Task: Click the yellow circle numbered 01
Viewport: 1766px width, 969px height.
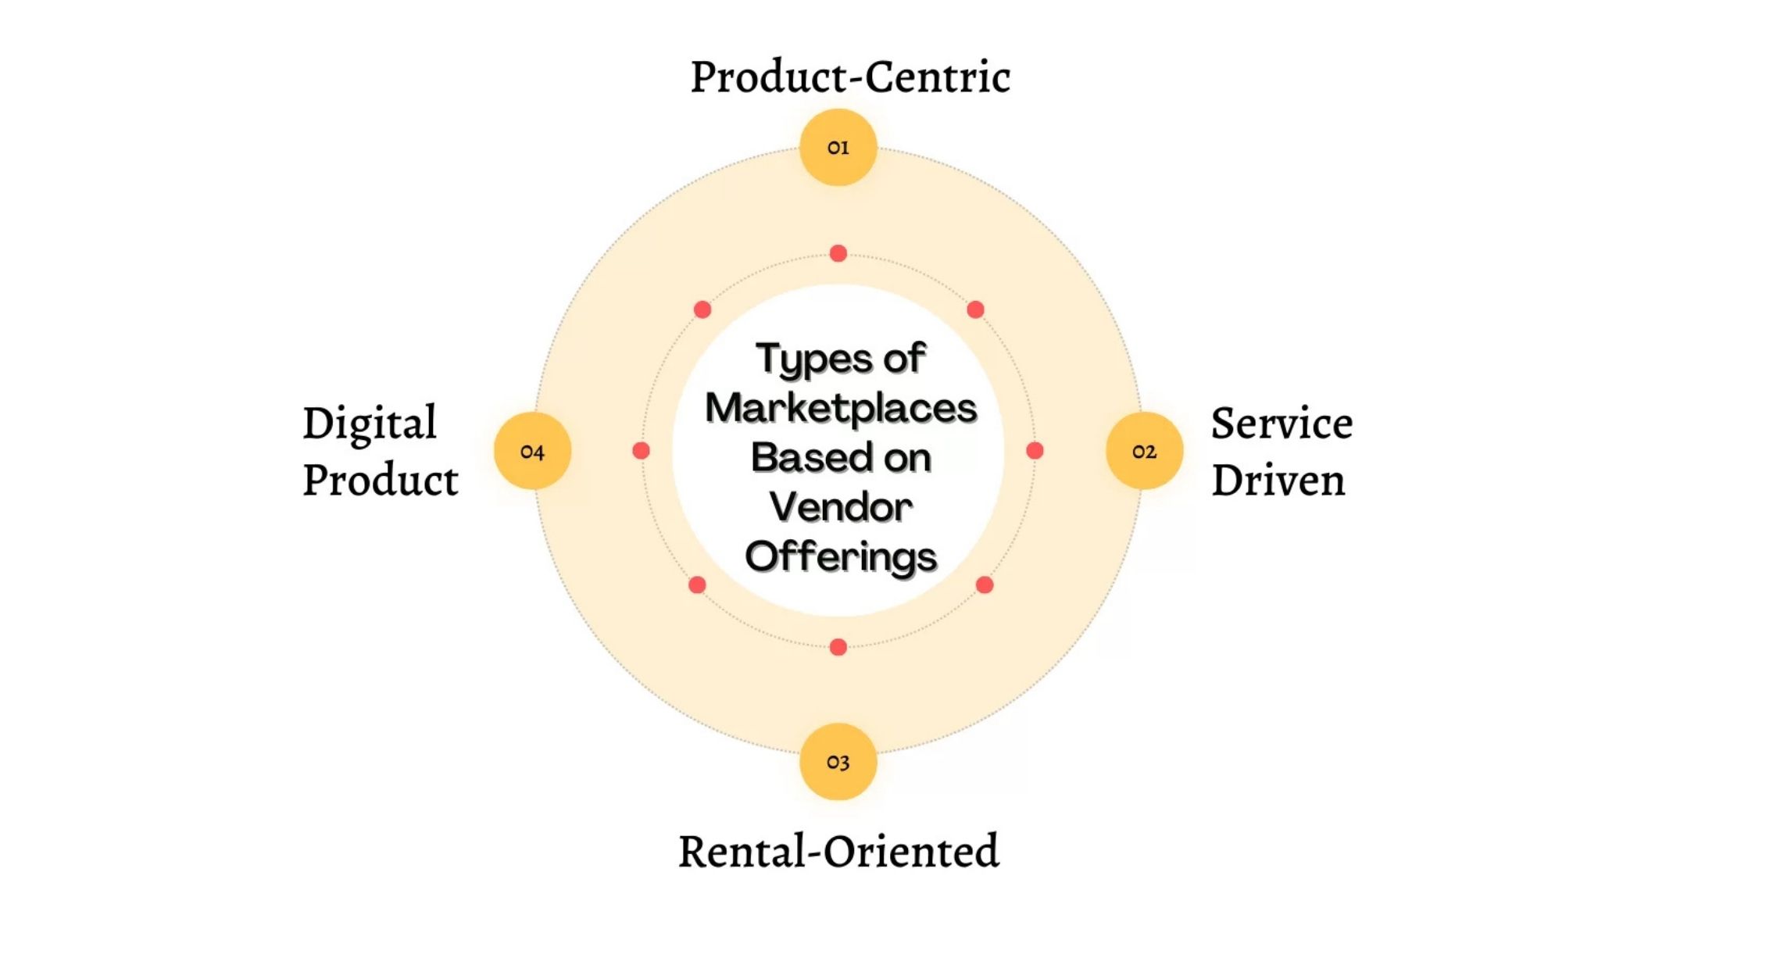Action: click(x=838, y=147)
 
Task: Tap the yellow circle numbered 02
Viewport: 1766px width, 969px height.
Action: click(x=1144, y=451)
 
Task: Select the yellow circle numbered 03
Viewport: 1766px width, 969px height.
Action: click(x=838, y=761)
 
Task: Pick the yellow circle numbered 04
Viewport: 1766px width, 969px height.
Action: click(x=532, y=451)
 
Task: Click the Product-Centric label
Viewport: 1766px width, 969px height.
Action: click(x=850, y=77)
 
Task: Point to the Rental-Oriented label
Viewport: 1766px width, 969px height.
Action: click(x=838, y=850)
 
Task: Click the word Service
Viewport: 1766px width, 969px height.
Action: click(x=1282, y=424)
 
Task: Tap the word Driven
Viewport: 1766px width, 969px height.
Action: click(x=1278, y=480)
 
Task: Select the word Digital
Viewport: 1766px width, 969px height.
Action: click(x=370, y=424)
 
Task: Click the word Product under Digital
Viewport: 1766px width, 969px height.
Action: click(x=381, y=480)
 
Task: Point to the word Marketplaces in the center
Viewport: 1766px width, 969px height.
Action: click(x=841, y=408)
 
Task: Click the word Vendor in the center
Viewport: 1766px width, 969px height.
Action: click(x=841, y=506)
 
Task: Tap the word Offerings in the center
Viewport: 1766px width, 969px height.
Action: click(x=841, y=556)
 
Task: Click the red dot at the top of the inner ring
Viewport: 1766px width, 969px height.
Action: click(x=838, y=253)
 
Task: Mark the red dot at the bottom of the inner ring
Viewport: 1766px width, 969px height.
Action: click(x=838, y=647)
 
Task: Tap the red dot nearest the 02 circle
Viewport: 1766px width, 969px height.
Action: click(x=1035, y=450)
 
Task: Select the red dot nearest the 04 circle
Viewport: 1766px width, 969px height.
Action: click(x=641, y=450)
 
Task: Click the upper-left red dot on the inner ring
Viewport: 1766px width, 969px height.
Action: click(x=702, y=309)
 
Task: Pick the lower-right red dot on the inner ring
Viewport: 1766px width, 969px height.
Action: click(x=985, y=585)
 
